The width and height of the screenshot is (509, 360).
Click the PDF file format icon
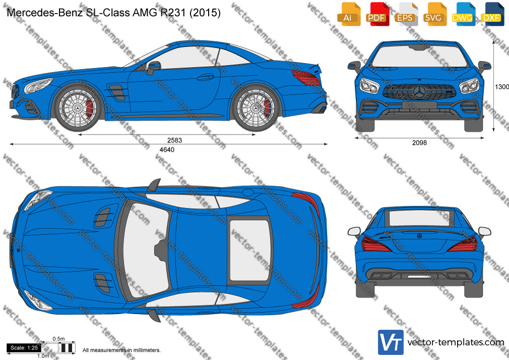click(377, 14)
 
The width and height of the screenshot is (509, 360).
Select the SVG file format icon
click(434, 14)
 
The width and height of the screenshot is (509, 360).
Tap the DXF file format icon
click(492, 14)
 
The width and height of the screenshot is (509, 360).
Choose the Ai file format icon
click(348, 14)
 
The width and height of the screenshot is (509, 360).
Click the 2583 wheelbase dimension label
click(175, 140)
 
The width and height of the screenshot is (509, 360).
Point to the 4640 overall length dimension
click(167, 149)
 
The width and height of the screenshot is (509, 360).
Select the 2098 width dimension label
click(419, 142)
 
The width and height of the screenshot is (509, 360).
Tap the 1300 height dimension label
click(501, 87)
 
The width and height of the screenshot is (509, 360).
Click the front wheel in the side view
click(78, 107)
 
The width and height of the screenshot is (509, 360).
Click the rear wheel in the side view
click(256, 107)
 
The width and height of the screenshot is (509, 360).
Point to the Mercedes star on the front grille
click(420, 92)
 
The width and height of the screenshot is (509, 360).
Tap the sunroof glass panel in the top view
click(249, 250)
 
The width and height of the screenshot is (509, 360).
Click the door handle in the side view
click(206, 77)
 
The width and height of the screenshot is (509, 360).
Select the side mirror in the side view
click(154, 67)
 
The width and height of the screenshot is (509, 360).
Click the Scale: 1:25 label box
click(24, 348)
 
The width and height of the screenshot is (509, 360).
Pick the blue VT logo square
click(391, 342)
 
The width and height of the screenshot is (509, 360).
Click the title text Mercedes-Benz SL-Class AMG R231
click(96, 13)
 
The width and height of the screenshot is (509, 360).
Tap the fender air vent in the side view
click(117, 92)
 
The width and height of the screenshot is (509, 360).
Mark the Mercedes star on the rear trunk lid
click(419, 236)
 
